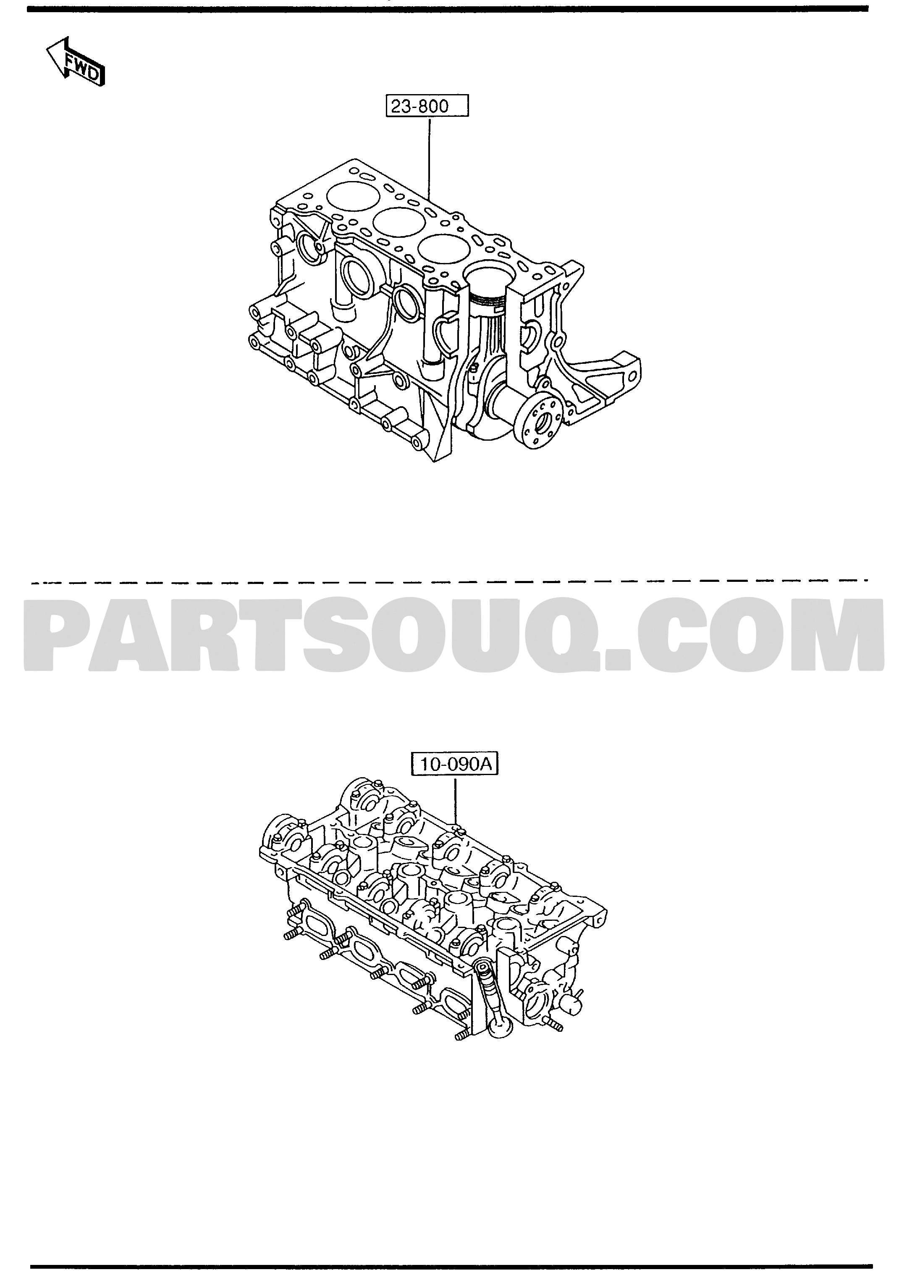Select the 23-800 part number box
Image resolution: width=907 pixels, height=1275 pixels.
(x=427, y=106)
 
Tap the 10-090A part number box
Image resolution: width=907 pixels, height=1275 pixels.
(x=455, y=764)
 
